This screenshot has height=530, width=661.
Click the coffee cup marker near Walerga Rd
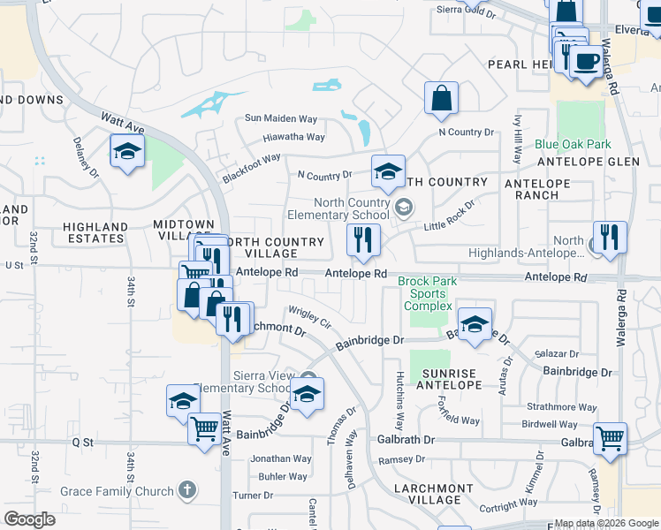pyautogui.click(x=586, y=61)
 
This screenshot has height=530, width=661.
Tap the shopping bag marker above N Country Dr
pyautogui.click(x=441, y=99)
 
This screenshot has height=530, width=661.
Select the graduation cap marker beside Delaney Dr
pyautogui.click(x=127, y=151)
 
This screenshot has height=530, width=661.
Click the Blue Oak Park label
pyautogui.click(x=573, y=144)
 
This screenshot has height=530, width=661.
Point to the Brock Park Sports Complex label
pyautogui.click(x=428, y=294)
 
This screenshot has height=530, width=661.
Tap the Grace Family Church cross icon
pyautogui.click(x=186, y=488)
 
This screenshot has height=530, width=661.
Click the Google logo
pyautogui.click(x=29, y=519)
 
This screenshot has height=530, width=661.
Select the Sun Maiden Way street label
pyautogui.click(x=280, y=118)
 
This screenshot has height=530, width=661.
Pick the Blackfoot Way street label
pyautogui.click(x=251, y=168)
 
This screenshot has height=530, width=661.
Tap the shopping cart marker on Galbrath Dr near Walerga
pyautogui.click(x=610, y=437)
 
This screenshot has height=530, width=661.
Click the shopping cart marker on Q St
pyautogui.click(x=204, y=429)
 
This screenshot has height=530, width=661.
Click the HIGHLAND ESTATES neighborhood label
pyautogui.click(x=95, y=233)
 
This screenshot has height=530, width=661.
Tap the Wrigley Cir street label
pyautogui.click(x=308, y=316)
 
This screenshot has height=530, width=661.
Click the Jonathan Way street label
pyautogui.click(x=281, y=458)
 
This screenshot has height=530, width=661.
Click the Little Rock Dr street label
pyautogui.click(x=449, y=217)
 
